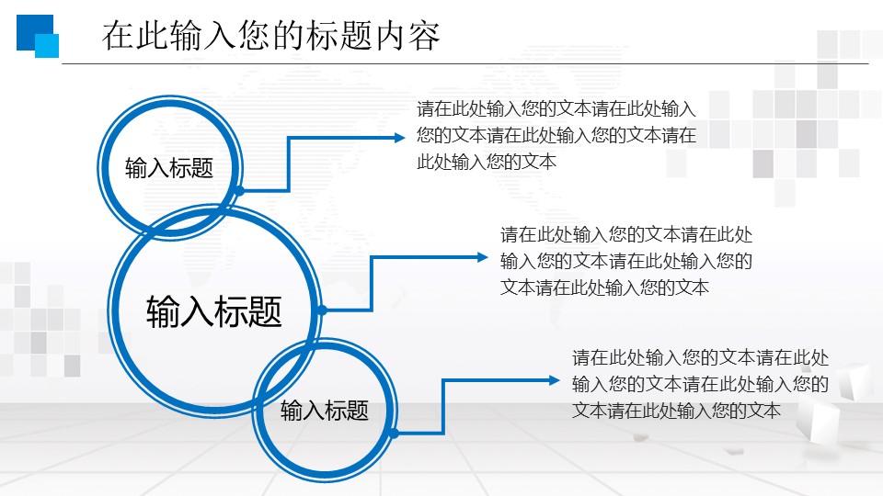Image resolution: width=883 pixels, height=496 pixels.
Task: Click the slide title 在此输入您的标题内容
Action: tap(271, 36)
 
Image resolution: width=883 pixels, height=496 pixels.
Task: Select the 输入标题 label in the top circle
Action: tap(169, 168)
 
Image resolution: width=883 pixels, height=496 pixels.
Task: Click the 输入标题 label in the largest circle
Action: tap(214, 312)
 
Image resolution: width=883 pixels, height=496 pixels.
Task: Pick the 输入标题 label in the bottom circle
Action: tap(325, 411)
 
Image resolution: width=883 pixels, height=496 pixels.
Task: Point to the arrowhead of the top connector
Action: tap(399, 138)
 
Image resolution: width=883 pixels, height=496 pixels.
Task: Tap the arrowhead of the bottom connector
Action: tap(554, 379)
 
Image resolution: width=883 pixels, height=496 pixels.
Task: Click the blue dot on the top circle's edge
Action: tap(239, 190)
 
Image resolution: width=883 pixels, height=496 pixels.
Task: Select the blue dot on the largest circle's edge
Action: tap(322, 310)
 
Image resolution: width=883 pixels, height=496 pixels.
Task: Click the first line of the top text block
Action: tap(556, 109)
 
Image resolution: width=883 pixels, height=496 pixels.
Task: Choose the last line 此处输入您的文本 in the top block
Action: tap(487, 163)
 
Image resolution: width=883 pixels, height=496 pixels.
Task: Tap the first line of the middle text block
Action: tap(626, 234)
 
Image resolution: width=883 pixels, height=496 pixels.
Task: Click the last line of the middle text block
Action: tap(604, 287)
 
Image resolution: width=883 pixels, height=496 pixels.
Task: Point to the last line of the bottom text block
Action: tap(676, 411)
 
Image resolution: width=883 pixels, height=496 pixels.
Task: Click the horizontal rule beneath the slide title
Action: tap(464, 64)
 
